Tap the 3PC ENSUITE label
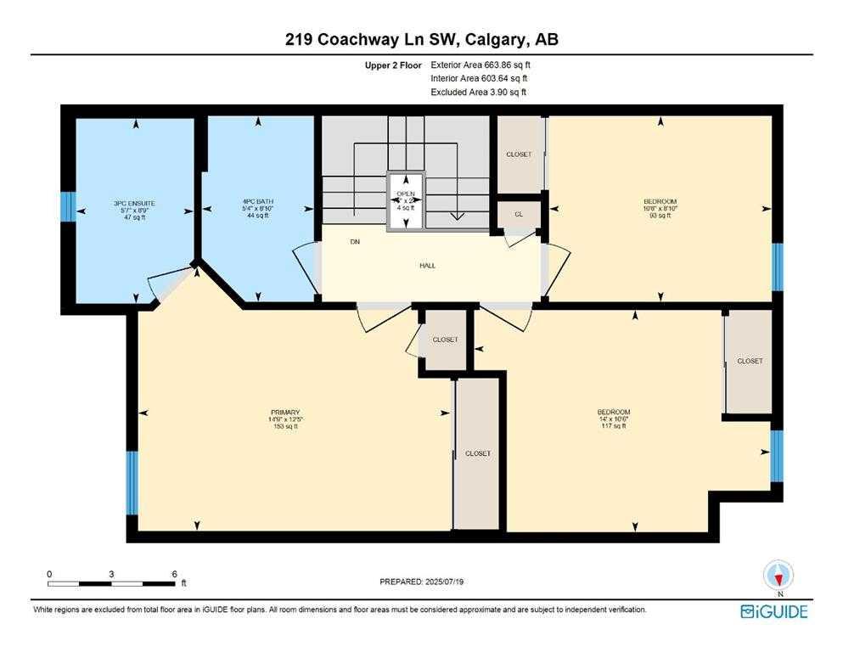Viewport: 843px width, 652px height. tap(134, 209)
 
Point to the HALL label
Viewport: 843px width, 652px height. tap(428, 266)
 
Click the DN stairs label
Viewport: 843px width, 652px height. tap(354, 242)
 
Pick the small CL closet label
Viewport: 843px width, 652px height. tap(519, 214)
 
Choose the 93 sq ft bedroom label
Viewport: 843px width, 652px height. tap(660, 209)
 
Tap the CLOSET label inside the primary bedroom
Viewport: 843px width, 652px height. tap(478, 453)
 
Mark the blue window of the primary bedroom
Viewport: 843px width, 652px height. tap(132, 482)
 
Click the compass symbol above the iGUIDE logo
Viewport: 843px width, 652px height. tap(778, 576)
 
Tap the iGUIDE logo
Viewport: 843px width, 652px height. tap(773, 611)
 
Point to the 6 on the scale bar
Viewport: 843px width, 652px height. tap(174, 574)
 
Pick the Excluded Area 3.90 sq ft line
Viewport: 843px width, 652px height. tap(480, 92)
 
